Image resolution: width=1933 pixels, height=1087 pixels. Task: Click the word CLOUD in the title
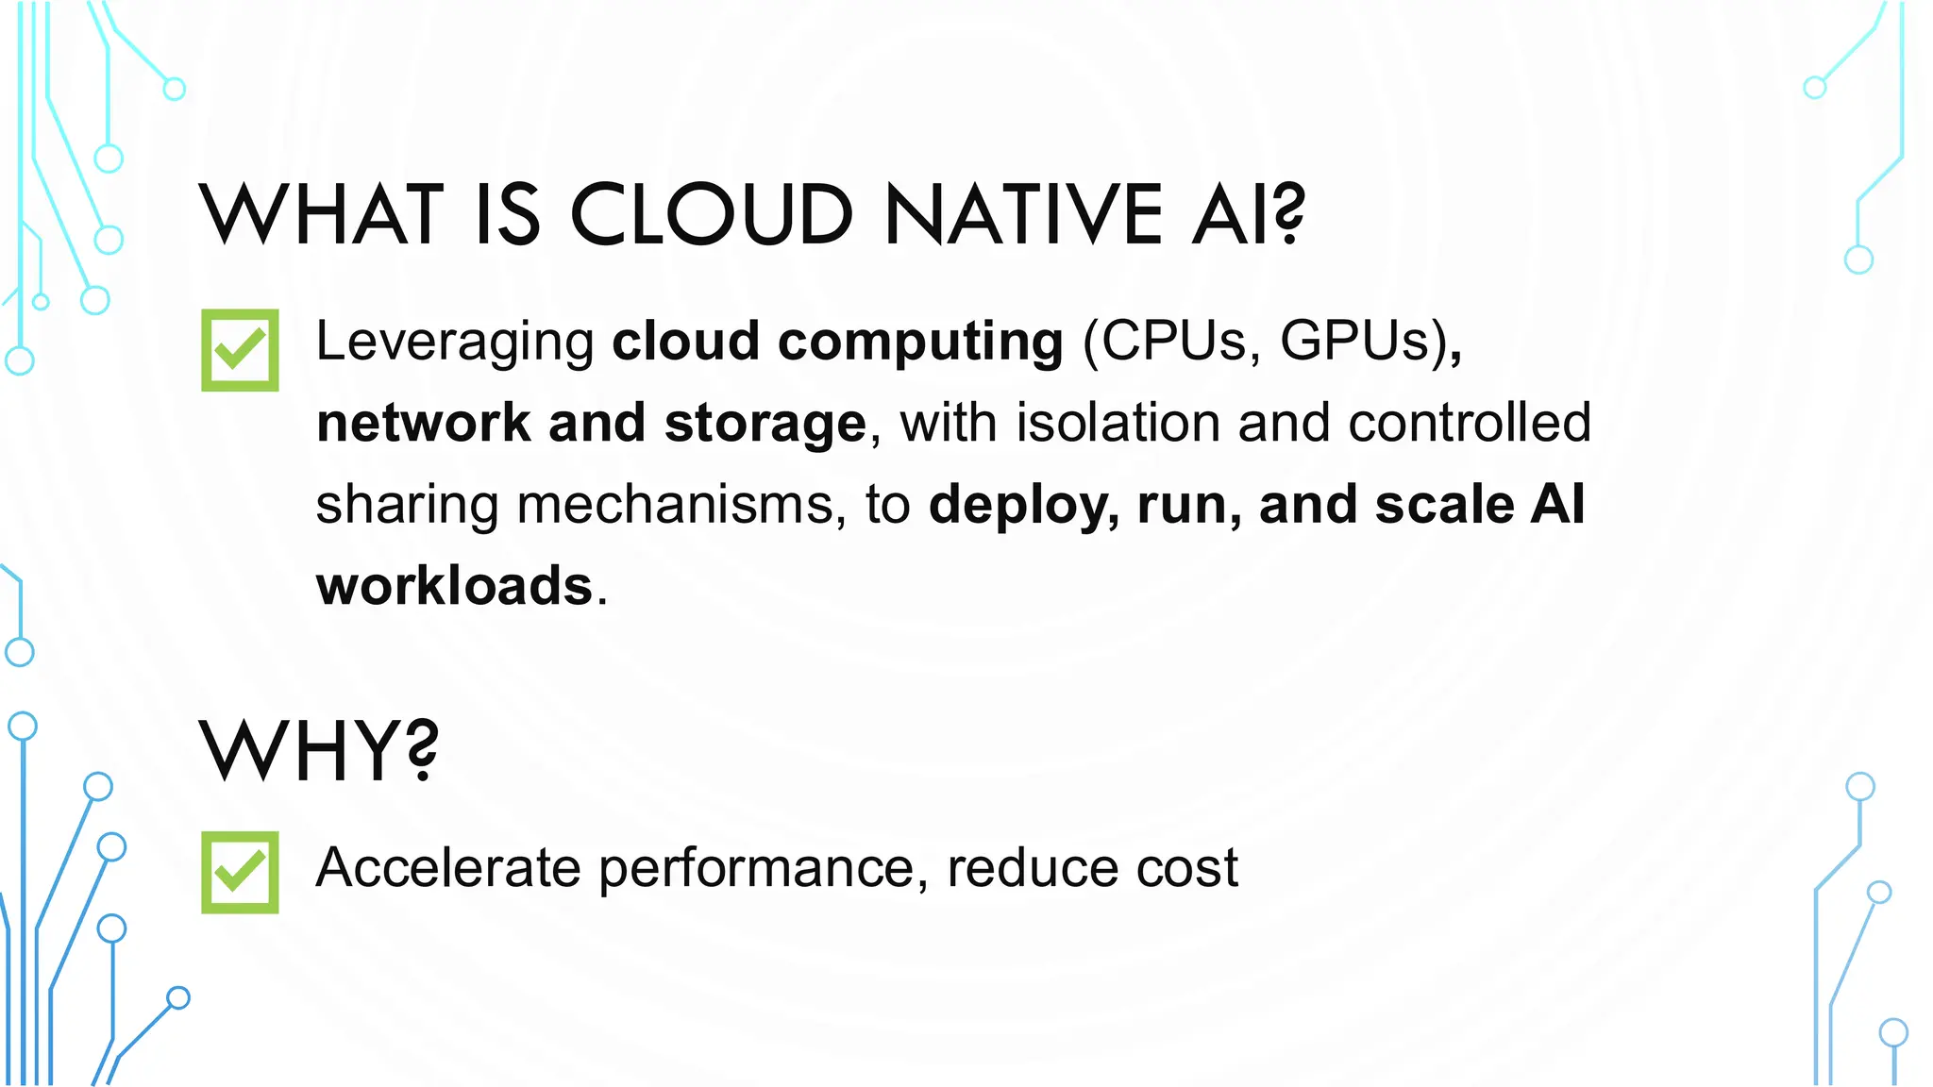pos(712,215)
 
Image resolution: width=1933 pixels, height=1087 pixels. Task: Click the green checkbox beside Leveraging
pos(240,350)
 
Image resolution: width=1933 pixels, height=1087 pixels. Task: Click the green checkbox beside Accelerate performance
pos(240,872)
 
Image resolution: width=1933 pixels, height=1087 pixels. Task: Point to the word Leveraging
pos(454,342)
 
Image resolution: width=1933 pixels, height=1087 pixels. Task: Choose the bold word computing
pos(920,342)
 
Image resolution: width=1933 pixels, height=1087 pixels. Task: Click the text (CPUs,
pos(1171,341)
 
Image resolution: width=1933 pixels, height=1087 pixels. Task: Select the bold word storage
pos(765,423)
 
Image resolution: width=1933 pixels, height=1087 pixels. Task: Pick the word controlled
pos(1470,423)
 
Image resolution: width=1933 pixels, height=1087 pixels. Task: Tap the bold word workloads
pos(454,586)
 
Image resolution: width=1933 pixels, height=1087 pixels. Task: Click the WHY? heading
pos(319,751)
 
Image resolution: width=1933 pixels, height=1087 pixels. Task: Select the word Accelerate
pos(447,867)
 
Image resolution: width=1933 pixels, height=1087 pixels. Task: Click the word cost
pos(1186,868)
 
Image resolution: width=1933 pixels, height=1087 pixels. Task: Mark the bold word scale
pos(1443,505)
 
